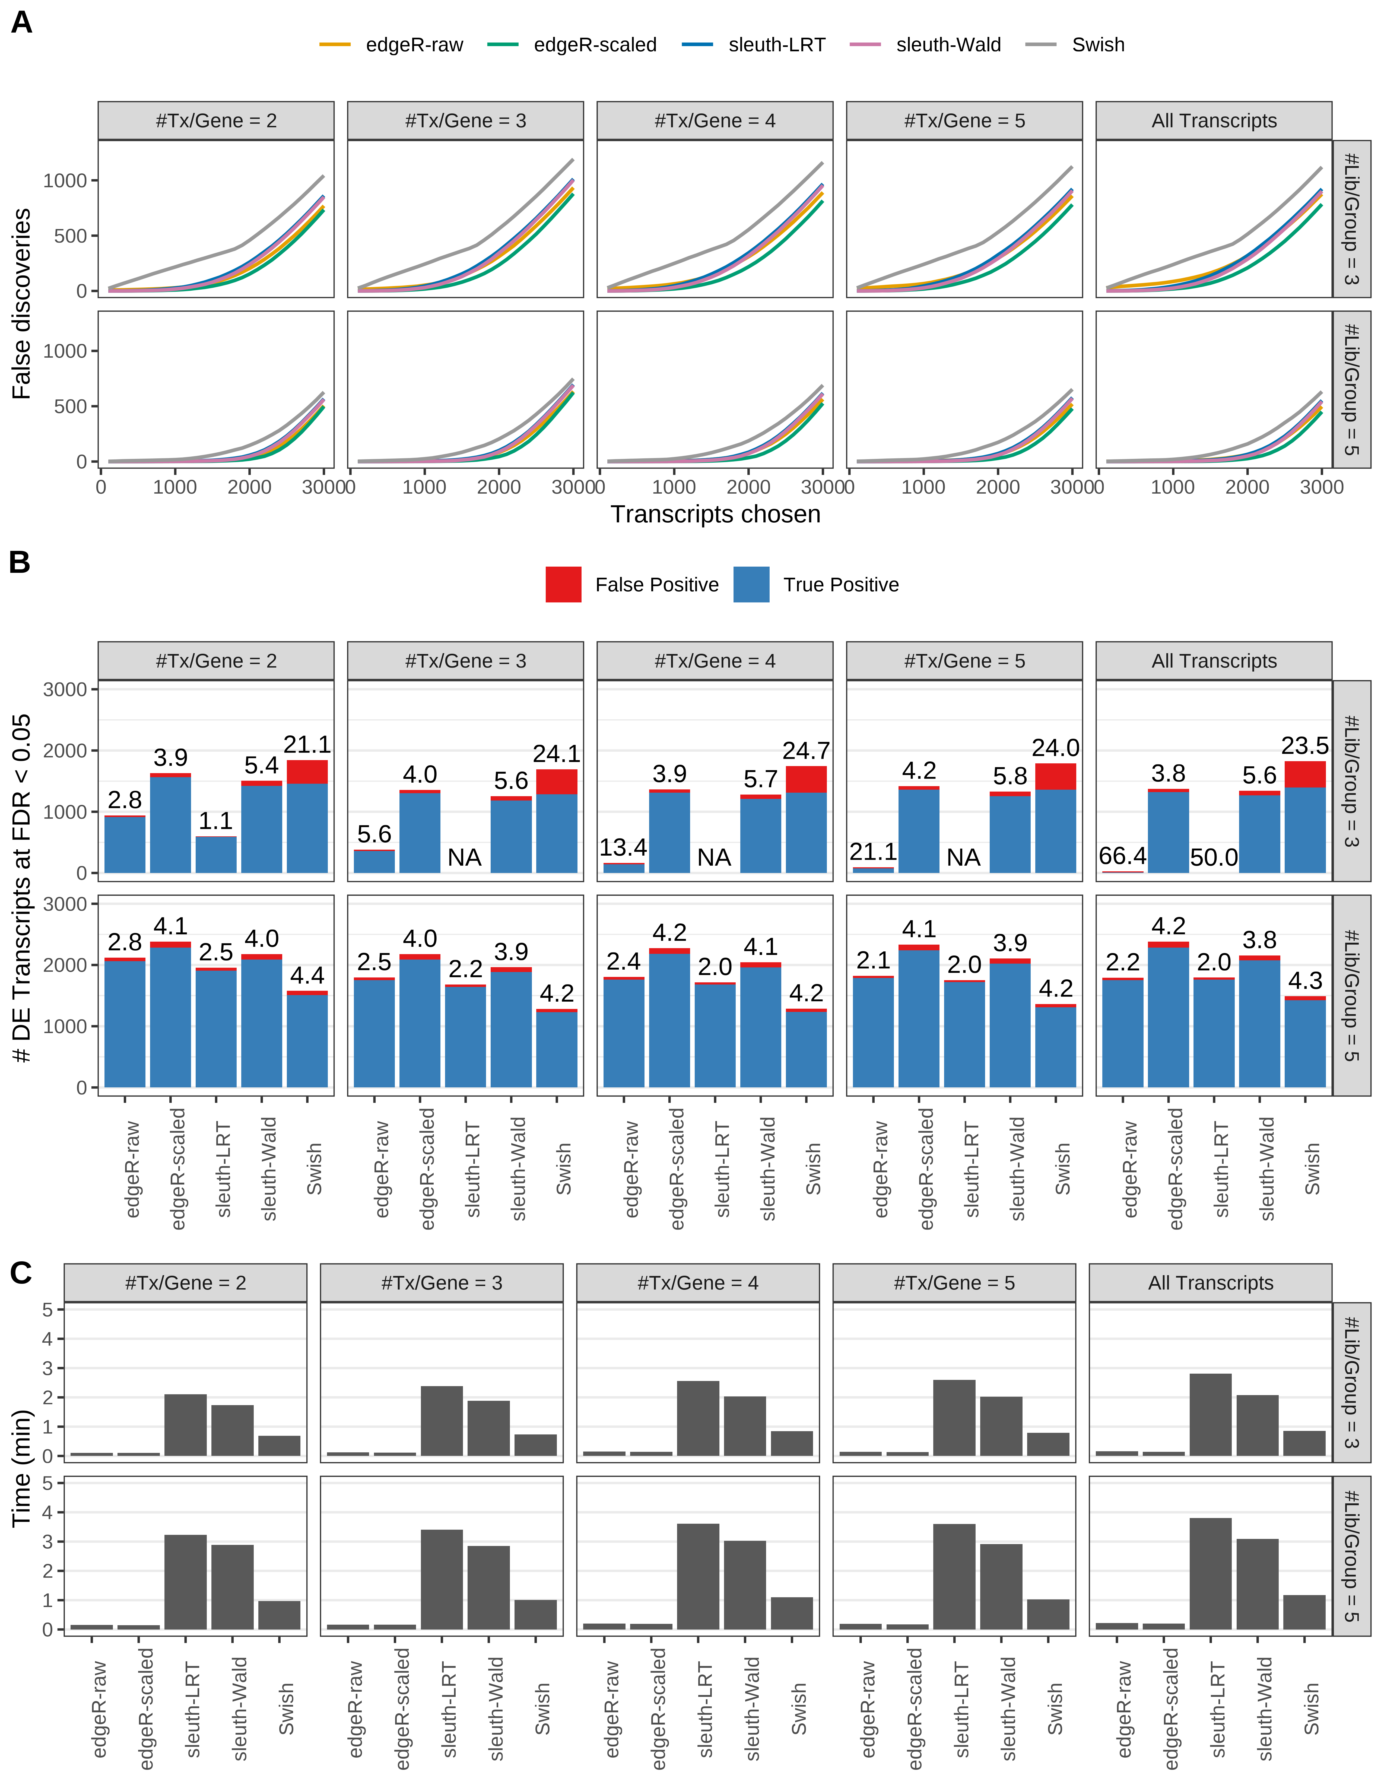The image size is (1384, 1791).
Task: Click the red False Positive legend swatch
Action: click(x=563, y=585)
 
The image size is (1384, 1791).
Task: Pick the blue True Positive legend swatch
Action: click(x=751, y=585)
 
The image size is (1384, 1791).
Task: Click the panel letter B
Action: click(x=20, y=563)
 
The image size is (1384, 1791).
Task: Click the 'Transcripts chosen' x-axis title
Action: click(x=715, y=514)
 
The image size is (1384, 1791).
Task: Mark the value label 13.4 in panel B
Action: click(x=623, y=847)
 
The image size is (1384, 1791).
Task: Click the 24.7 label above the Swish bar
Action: click(x=806, y=751)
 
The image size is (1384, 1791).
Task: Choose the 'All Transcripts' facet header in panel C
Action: click(x=1210, y=1283)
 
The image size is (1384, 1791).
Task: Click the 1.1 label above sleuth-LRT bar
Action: click(x=216, y=821)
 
